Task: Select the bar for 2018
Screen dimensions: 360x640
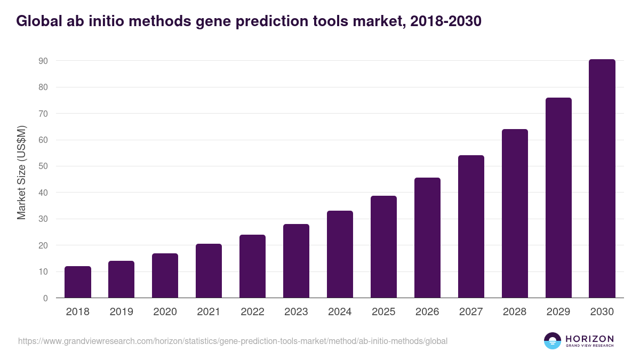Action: [78, 282]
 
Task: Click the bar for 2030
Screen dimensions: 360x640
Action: [602, 179]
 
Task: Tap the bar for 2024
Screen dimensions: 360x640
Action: [340, 254]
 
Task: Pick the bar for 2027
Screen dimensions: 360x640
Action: [471, 227]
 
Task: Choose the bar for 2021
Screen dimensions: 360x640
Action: [209, 271]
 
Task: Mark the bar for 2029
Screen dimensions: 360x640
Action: [558, 198]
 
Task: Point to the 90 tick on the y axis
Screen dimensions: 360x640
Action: [43, 61]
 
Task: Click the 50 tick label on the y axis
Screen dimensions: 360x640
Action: [43, 166]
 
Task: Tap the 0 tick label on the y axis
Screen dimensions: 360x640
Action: [46, 298]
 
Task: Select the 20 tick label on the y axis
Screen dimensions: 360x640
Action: [43, 245]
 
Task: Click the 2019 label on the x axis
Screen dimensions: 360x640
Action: [122, 312]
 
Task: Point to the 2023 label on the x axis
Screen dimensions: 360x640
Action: [296, 312]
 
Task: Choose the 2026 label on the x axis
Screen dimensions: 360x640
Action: [427, 312]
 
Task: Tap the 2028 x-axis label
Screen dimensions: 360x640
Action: [515, 312]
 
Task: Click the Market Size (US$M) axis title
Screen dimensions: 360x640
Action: [21, 172]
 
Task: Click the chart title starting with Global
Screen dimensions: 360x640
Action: [249, 21]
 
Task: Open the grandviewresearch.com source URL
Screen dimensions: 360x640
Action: [233, 341]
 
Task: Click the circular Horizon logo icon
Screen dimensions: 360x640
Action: [553, 341]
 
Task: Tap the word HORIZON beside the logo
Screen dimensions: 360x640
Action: [589, 339]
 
